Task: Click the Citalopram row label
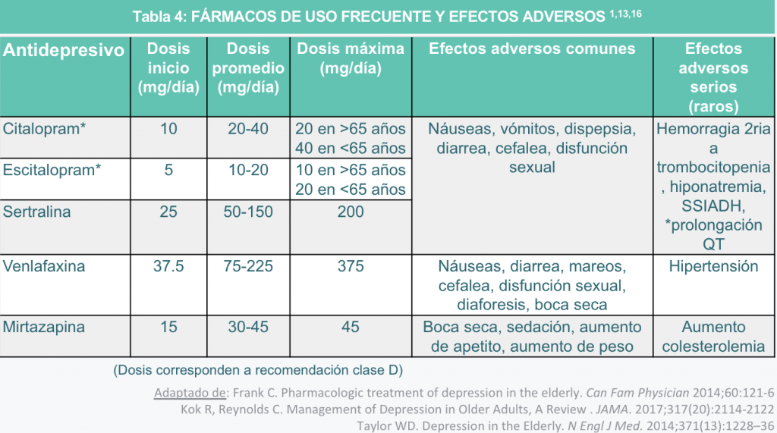45,129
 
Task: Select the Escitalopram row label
52,170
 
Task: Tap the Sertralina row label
37,212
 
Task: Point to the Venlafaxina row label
44,266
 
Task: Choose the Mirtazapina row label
43,327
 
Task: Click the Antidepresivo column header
64,51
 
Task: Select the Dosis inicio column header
168,68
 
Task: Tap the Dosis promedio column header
248,68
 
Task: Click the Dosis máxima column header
351,58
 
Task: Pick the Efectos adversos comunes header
532,49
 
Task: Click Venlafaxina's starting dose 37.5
168,266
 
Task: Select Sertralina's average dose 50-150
248,212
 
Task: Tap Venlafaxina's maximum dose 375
351,266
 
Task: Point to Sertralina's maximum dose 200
351,212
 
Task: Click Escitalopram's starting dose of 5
168,170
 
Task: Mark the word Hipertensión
713,266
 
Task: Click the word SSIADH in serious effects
713,206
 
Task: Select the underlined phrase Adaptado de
190,393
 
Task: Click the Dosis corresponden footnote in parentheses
258,370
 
